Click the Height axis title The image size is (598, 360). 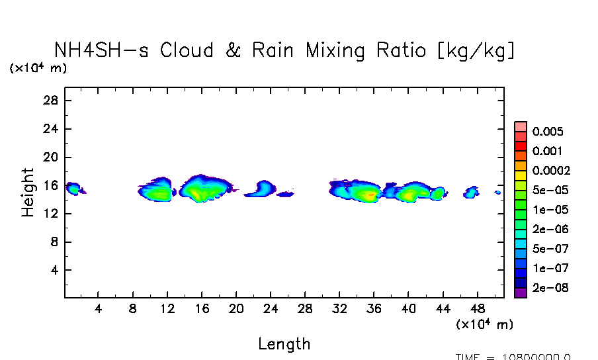point(28,193)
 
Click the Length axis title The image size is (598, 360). point(284,344)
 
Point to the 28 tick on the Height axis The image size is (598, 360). point(52,101)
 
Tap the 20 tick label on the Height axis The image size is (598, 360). point(52,157)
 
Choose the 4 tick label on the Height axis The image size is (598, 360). point(56,271)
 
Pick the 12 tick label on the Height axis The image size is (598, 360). point(52,214)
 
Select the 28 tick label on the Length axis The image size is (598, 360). point(305,308)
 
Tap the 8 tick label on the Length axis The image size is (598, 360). point(133,308)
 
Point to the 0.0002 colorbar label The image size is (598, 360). point(550,171)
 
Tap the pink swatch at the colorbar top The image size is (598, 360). point(521,126)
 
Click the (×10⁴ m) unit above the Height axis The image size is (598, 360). point(38,68)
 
